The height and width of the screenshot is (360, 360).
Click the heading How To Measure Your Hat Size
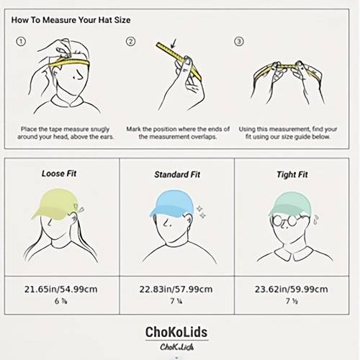click(x=71, y=20)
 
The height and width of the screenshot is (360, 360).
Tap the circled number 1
click(x=21, y=42)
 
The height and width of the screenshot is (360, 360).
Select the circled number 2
click(x=130, y=42)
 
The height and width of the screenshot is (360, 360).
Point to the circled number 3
click(x=239, y=42)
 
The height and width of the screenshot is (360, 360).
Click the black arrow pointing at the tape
click(x=174, y=43)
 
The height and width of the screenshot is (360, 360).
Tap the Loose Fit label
click(x=59, y=174)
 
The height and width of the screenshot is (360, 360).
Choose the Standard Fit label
click(x=177, y=174)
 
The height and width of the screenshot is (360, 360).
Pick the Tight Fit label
click(x=292, y=174)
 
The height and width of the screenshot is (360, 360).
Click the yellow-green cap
click(x=56, y=203)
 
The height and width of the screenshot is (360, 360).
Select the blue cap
click(x=171, y=203)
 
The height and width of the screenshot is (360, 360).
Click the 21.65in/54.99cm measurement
click(x=61, y=289)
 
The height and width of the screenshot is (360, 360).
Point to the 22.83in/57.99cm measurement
click(x=176, y=289)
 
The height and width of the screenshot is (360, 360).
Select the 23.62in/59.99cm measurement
click(x=292, y=289)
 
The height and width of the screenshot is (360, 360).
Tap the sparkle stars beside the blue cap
click(x=201, y=212)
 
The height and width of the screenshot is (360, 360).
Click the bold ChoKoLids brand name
click(x=176, y=332)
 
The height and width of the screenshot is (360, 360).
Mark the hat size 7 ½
click(x=292, y=301)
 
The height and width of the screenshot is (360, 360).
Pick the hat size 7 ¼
click(x=176, y=301)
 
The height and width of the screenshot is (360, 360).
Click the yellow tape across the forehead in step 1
click(x=70, y=63)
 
